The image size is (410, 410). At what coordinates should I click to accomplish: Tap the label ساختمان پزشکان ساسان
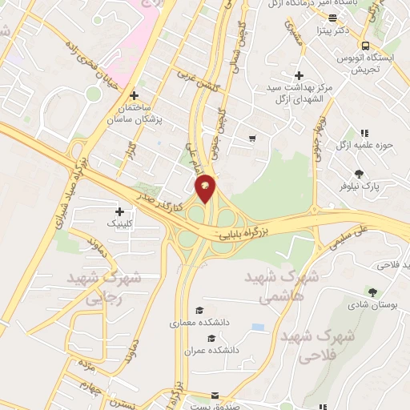[x=135, y=115]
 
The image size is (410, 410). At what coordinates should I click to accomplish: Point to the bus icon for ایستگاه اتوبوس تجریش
[x=365, y=46]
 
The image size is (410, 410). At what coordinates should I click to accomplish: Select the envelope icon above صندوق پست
[x=214, y=396]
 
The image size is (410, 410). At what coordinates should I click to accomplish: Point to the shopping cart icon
[x=252, y=138]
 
